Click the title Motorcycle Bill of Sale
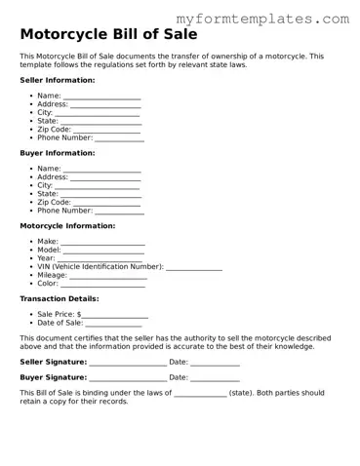pos(108,35)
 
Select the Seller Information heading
pos(58,80)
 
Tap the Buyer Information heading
pos(58,153)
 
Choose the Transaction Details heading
pos(60,299)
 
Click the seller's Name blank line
pos(102,97)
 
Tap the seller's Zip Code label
pos(54,130)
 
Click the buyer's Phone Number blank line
pos(119,212)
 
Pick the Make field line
pos(103,243)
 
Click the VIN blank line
pos(194,268)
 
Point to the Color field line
pos(102,285)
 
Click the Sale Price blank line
pos(115,317)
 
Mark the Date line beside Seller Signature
pos(216,364)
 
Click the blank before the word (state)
pos(200,395)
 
